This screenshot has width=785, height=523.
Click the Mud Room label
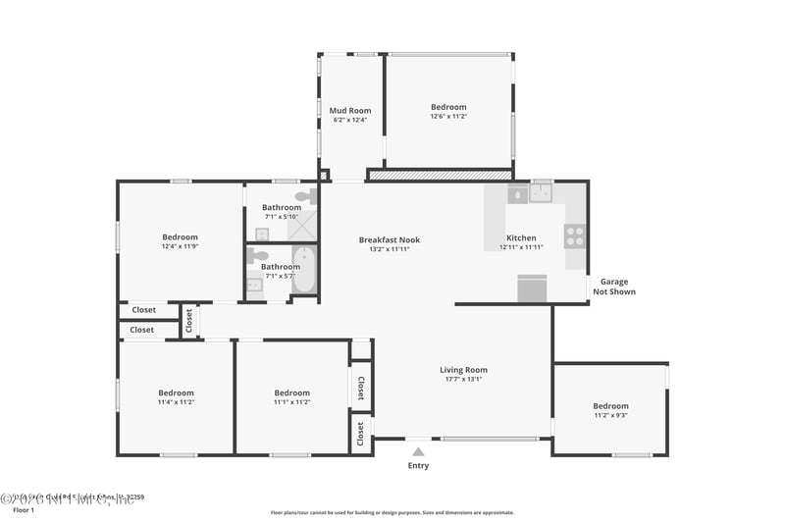click(x=350, y=111)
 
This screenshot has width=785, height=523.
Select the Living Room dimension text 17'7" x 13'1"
click(x=463, y=379)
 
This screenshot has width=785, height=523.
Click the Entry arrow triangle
click(x=418, y=452)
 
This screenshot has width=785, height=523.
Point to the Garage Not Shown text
click(x=617, y=287)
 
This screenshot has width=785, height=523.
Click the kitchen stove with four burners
click(x=575, y=235)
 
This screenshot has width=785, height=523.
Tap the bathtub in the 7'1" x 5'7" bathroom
click(x=304, y=270)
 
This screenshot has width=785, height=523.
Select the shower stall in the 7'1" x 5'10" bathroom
click(x=305, y=227)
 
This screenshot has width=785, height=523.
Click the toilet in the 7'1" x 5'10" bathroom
click(x=304, y=196)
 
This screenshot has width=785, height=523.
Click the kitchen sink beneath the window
click(x=542, y=192)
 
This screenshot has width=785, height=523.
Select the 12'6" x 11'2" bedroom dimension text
click(x=448, y=117)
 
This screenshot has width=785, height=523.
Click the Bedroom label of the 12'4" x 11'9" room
click(x=180, y=236)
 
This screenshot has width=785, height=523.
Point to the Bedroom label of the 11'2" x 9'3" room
click(x=610, y=405)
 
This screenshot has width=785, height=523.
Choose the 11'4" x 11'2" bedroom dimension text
click(x=177, y=402)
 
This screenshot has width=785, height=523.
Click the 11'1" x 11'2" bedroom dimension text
click(x=291, y=402)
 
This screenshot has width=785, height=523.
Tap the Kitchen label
click(x=521, y=237)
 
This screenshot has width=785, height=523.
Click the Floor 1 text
click(x=23, y=510)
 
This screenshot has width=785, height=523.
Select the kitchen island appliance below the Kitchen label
click(x=533, y=289)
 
